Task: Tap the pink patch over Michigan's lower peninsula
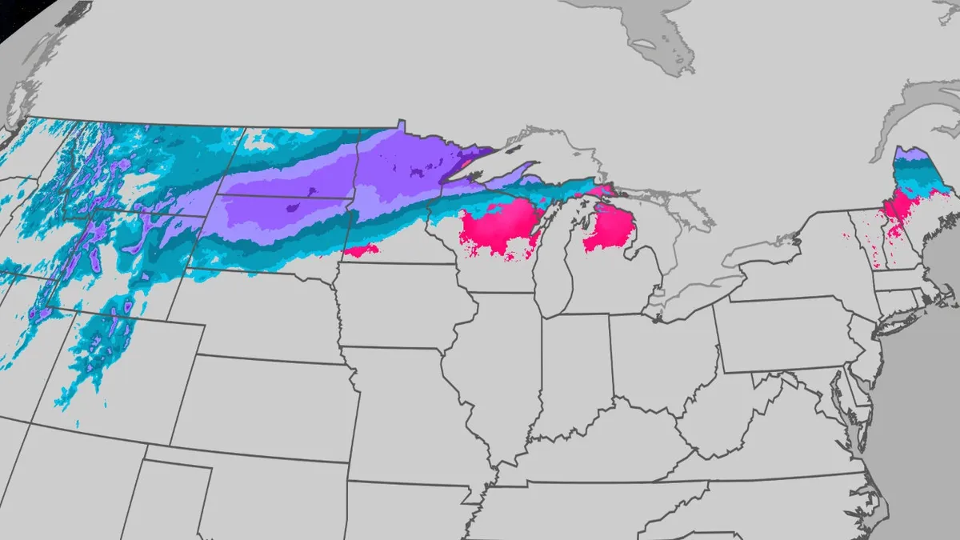point(612,228)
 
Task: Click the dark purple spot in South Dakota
point(292,208)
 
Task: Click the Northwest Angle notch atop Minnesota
point(401,124)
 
